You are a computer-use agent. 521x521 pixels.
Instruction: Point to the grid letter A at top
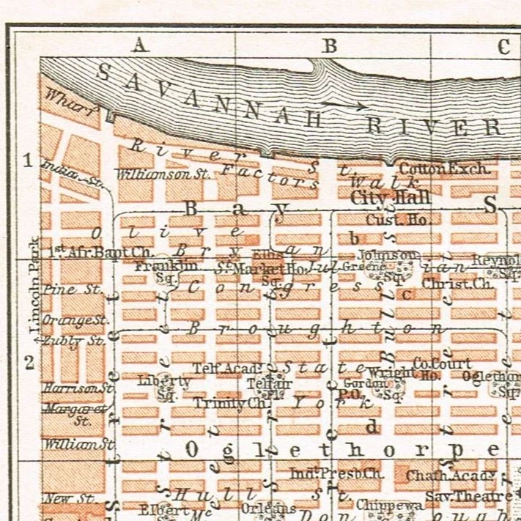point(140,45)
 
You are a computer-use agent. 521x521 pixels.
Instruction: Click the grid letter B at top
point(330,45)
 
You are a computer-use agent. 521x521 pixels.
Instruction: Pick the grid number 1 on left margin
point(29,161)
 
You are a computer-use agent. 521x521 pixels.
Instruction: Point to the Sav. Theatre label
point(469,496)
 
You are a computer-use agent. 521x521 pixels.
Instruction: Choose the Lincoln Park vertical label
point(33,290)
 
